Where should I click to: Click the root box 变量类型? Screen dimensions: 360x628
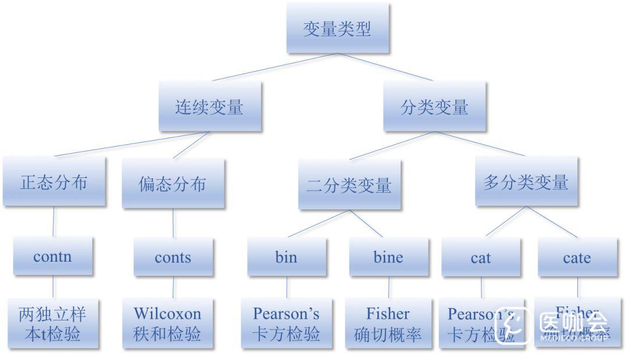tap(337, 28)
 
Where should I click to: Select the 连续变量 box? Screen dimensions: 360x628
tap(209, 107)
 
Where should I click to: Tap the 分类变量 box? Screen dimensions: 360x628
tap(434, 107)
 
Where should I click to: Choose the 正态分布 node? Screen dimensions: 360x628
tap(54, 182)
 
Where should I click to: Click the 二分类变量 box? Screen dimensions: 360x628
tap(349, 185)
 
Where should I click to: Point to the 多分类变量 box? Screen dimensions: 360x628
tap(526, 182)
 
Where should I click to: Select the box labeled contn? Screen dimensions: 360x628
tap(53, 256)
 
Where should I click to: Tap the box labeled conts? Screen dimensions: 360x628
tap(173, 257)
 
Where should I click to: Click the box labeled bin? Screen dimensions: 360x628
tap(286, 257)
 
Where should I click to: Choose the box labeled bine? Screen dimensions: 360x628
tap(388, 257)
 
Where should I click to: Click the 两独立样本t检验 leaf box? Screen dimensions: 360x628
tap(53, 323)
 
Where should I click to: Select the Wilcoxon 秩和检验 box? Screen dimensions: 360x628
tap(167, 323)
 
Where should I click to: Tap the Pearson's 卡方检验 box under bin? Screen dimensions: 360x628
tap(286, 323)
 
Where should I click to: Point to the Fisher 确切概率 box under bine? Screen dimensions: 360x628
tap(388, 323)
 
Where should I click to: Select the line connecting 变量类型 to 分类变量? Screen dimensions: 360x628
tap(386, 67)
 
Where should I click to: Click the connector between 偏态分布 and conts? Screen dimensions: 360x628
tap(173, 223)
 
